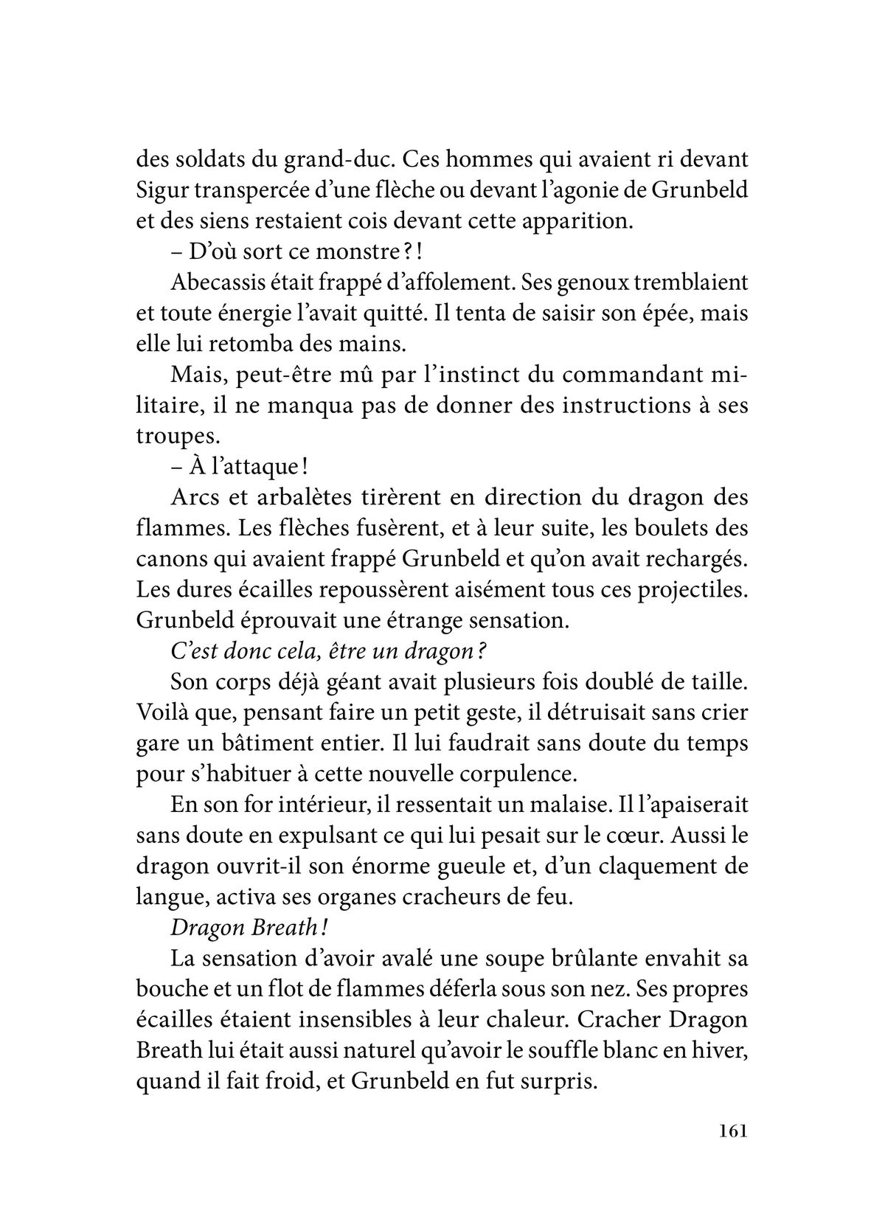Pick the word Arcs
point(191,497)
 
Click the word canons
point(167,559)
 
